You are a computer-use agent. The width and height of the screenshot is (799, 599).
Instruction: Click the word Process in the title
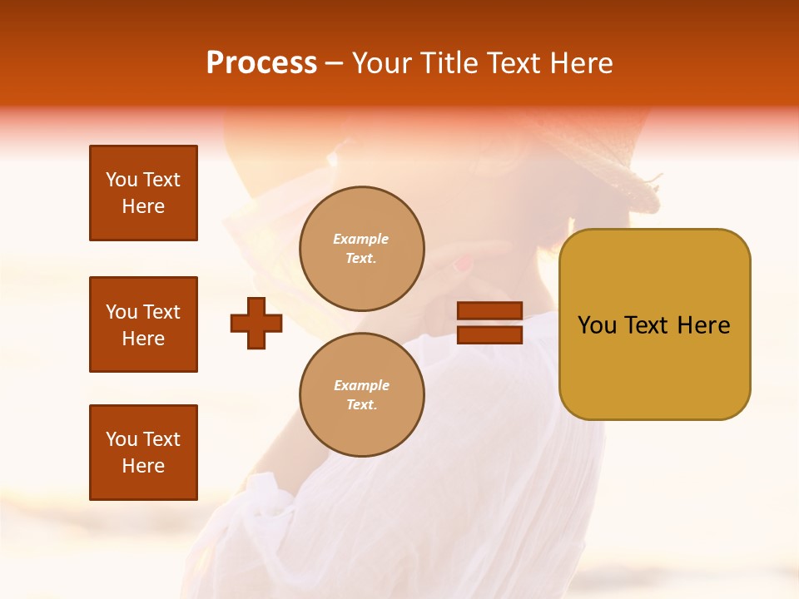coord(261,63)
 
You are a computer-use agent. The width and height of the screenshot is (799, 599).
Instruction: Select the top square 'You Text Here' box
coord(143,193)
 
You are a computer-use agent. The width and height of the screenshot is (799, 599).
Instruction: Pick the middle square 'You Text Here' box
coord(143,324)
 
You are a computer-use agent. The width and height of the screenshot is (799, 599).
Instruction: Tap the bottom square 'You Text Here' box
coord(143,453)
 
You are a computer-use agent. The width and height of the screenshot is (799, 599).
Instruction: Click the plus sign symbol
coord(256,323)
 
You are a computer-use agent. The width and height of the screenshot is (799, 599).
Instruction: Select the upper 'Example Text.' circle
coord(361,249)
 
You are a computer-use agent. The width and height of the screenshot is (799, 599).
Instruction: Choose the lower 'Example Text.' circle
coord(361,395)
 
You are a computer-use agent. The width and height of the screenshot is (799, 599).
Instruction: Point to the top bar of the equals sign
coord(489,311)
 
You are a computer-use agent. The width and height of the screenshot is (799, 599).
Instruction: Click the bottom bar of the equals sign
coord(489,334)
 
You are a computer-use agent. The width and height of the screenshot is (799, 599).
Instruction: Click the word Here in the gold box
coord(704,325)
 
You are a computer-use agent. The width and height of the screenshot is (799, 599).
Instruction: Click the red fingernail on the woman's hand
coord(462,265)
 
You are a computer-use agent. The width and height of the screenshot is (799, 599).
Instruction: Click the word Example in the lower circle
coord(361,385)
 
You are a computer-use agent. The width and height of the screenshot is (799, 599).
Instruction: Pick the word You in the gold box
coord(596,325)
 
